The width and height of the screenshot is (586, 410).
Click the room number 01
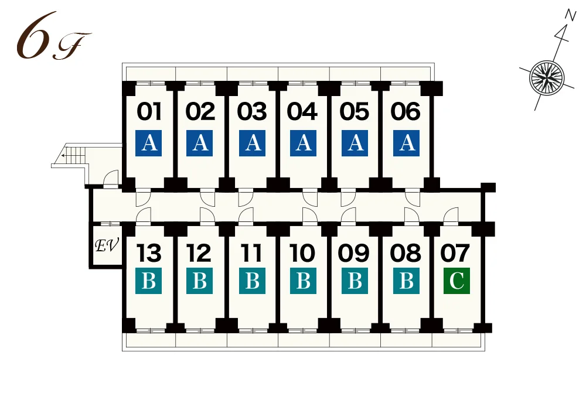149,111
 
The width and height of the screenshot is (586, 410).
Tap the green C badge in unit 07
456,281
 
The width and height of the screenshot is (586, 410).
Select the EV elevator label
107,245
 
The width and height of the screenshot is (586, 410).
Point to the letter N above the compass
570,15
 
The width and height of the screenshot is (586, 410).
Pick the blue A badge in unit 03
252,143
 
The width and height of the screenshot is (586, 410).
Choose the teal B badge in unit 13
149,281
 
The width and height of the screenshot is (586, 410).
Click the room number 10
302,253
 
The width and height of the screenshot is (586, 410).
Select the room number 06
406,111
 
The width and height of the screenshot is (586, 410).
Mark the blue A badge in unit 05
355,143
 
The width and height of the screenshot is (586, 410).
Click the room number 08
406,253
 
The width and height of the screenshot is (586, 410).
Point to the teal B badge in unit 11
252,281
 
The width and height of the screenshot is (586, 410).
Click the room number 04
302,111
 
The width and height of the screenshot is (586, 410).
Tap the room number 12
199,253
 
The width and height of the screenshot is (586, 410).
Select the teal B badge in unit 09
355,281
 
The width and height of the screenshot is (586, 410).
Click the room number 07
455,253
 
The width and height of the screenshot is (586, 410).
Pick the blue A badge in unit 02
200,143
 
